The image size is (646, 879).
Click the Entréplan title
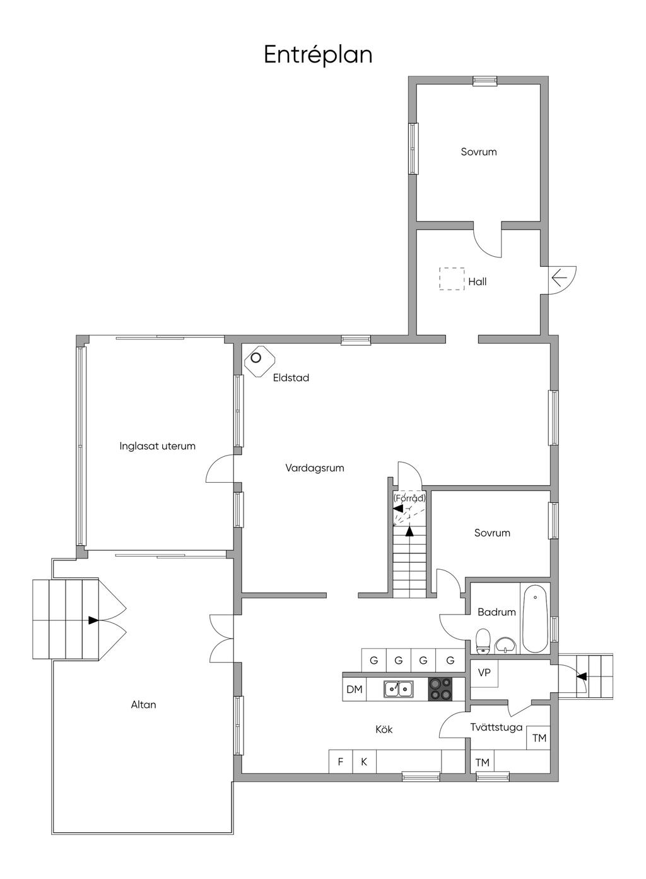[x=318, y=55]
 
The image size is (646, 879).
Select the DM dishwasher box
[x=355, y=689]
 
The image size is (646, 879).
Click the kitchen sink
[x=399, y=689]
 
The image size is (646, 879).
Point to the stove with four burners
[x=440, y=688]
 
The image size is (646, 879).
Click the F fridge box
[x=341, y=762]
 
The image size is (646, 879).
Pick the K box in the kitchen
[x=364, y=762]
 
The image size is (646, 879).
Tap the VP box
[x=484, y=673]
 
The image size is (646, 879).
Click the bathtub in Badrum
[x=536, y=618]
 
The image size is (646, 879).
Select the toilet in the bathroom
[x=484, y=640]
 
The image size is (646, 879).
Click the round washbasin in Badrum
[x=505, y=645]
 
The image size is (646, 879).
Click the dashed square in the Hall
[x=452, y=278]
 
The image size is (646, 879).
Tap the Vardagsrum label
[x=314, y=468]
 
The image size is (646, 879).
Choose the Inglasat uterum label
[x=158, y=446]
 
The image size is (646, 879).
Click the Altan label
[x=143, y=705]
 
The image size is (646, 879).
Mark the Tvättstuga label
[x=496, y=727]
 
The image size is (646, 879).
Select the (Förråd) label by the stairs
[x=409, y=498]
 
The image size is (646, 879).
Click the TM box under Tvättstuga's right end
[x=539, y=738]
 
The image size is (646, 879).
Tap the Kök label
[x=384, y=729]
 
